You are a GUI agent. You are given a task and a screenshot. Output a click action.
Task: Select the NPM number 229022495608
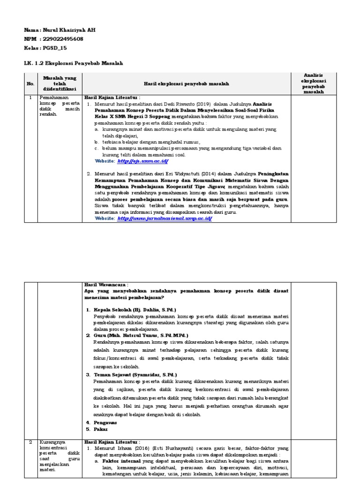(x=62, y=39)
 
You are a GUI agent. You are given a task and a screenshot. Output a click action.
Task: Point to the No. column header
(x=30, y=83)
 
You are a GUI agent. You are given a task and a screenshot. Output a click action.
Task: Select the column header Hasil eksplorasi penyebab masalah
(x=187, y=83)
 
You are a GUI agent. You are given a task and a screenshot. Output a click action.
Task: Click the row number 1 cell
(x=30, y=97)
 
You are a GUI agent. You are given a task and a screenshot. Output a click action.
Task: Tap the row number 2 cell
(x=30, y=442)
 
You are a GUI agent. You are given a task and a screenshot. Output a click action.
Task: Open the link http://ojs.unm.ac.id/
(x=142, y=161)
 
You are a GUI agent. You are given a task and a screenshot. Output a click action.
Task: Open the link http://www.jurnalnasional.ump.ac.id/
(x=165, y=218)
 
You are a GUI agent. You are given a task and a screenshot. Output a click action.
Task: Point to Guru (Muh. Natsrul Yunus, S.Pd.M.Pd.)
(x=140, y=336)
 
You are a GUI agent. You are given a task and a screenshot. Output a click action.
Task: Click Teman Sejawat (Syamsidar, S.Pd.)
(x=135, y=375)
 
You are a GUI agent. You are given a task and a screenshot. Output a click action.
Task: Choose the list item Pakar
(x=100, y=429)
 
